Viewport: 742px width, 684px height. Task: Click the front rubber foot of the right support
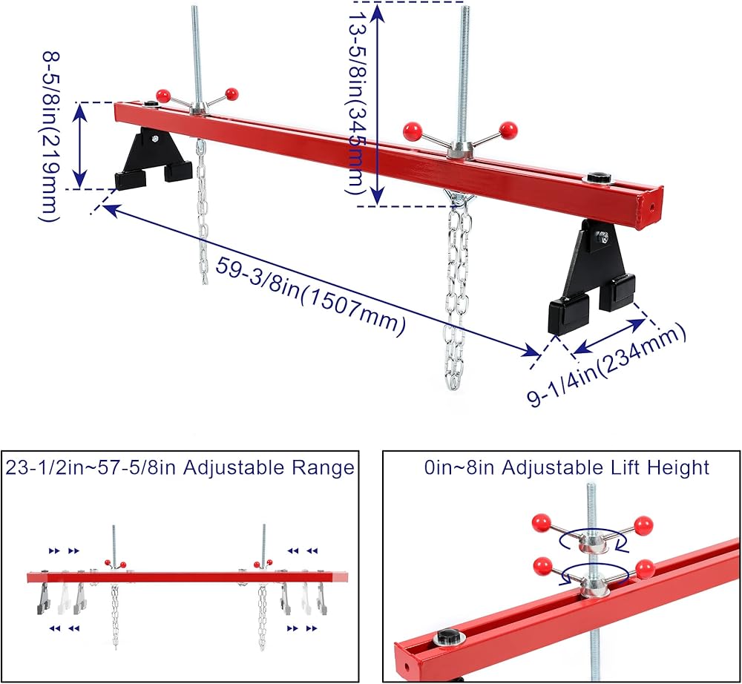568,315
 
